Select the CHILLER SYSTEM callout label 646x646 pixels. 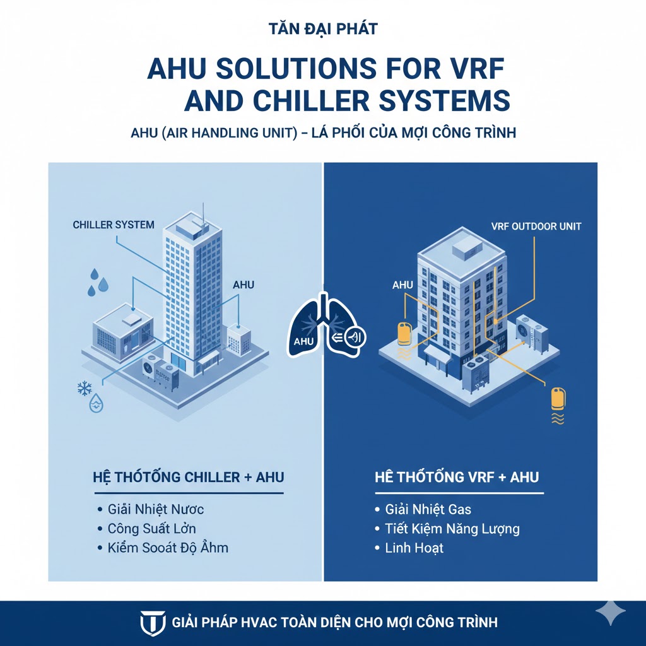pos(114,225)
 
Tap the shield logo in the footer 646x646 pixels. pos(152,622)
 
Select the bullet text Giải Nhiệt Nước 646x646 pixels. pos(155,508)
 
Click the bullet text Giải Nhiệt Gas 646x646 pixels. pos(428,508)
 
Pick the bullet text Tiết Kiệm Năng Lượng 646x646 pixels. pos(452,528)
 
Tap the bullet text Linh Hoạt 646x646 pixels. pos(414,548)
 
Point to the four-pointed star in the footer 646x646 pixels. pos(610,611)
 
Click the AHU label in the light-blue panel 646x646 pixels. pos(244,285)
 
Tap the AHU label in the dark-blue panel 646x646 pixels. pos(402,285)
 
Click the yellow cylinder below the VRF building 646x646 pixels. pos(558,398)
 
